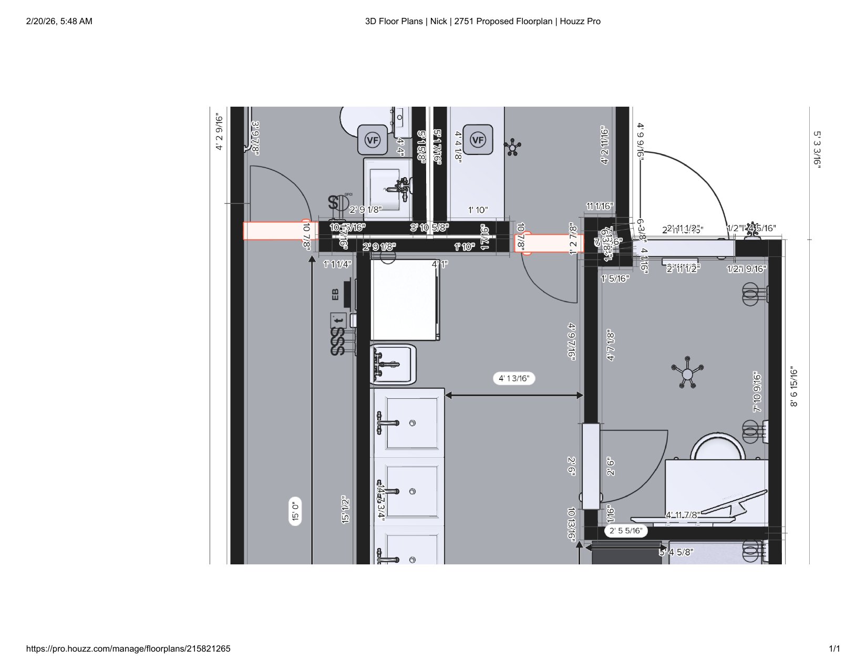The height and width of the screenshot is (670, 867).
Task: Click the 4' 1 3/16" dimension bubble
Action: (x=514, y=378)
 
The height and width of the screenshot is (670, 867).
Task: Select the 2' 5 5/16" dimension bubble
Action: (x=626, y=531)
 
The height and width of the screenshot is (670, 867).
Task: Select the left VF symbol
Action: (x=373, y=140)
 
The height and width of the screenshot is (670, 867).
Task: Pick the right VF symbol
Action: (x=478, y=140)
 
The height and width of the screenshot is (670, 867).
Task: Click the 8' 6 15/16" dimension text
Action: (x=794, y=388)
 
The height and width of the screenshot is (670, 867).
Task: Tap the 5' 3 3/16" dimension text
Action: (x=817, y=149)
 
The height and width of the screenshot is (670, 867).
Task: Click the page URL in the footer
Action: (x=128, y=649)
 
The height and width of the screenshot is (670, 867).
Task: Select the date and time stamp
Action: (x=59, y=22)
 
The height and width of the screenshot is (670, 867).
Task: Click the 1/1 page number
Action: (x=834, y=649)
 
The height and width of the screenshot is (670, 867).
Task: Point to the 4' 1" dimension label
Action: (x=440, y=264)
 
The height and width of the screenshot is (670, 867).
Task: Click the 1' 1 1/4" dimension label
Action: (x=337, y=264)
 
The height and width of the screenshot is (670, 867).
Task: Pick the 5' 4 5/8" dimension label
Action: (x=677, y=552)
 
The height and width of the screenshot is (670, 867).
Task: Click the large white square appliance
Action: (x=405, y=300)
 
